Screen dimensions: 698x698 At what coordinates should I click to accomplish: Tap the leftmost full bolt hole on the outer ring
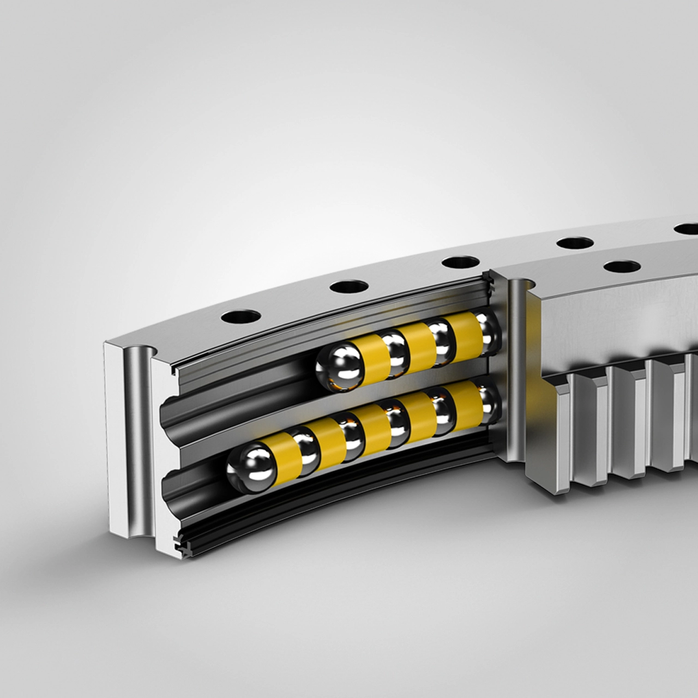(240, 317)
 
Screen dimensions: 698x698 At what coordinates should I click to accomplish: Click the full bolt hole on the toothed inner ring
(622, 267)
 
